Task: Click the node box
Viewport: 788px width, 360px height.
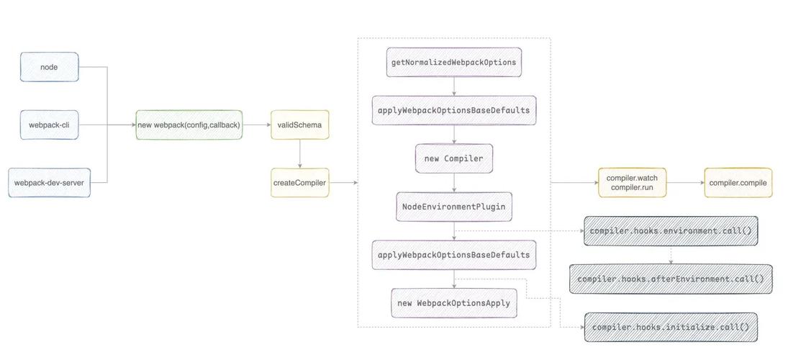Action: (49, 67)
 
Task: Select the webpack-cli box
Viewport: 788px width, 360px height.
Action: (49, 125)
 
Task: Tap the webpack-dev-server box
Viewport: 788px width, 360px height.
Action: (49, 183)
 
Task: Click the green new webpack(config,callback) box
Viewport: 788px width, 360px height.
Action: (189, 125)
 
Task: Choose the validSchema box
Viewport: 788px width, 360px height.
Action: (299, 125)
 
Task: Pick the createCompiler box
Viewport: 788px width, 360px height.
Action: (299, 183)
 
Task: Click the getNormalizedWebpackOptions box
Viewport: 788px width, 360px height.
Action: (453, 62)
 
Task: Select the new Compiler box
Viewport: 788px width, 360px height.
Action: (453, 158)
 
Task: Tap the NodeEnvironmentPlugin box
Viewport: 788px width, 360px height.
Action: (453, 207)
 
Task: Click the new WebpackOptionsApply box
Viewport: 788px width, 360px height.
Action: (453, 303)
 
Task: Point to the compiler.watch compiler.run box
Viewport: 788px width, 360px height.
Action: (632, 183)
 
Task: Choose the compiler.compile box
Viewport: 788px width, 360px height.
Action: (738, 183)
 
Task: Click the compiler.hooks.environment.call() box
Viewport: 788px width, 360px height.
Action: (671, 231)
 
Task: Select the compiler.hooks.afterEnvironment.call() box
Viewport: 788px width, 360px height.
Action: (671, 279)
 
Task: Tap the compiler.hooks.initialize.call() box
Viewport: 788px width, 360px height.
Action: (671, 327)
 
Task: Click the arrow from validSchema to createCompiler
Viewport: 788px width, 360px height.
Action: (300, 153)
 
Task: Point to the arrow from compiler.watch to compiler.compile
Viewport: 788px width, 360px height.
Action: (684, 183)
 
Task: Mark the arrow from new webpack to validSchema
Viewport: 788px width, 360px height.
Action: (256, 125)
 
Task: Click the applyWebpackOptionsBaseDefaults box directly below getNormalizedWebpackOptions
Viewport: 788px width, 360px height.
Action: (453, 110)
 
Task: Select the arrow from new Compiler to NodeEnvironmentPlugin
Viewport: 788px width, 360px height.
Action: (453, 182)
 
